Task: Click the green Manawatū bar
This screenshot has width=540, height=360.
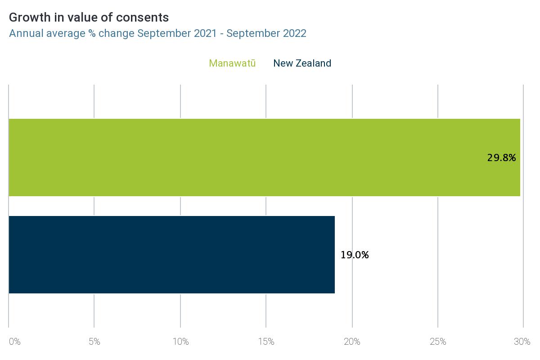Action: tap(264, 157)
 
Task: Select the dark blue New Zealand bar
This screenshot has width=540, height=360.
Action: tap(171, 255)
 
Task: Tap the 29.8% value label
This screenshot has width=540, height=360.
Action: tap(501, 157)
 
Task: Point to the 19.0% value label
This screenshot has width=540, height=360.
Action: tap(355, 255)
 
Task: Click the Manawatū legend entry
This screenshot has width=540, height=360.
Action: tap(232, 63)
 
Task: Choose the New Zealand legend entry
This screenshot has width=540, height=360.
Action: tap(302, 63)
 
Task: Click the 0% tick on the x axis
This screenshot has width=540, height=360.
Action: tap(14, 342)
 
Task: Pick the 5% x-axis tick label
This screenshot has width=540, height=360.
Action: tap(94, 342)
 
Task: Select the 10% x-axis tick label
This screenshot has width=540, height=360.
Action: tap(180, 342)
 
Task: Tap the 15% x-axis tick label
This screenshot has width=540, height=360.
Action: tap(266, 342)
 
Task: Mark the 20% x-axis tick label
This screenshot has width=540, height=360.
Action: tap(352, 342)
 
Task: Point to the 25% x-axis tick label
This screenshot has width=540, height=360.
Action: tap(438, 342)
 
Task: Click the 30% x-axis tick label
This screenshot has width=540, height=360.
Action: tap(522, 342)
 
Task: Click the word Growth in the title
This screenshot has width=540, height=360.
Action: tap(27, 18)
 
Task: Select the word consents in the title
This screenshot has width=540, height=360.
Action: tap(146, 18)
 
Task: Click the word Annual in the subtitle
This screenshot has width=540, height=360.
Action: tap(26, 33)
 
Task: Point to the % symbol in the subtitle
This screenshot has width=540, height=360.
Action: tap(91, 33)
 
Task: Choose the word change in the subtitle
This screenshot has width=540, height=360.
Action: tap(117, 33)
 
